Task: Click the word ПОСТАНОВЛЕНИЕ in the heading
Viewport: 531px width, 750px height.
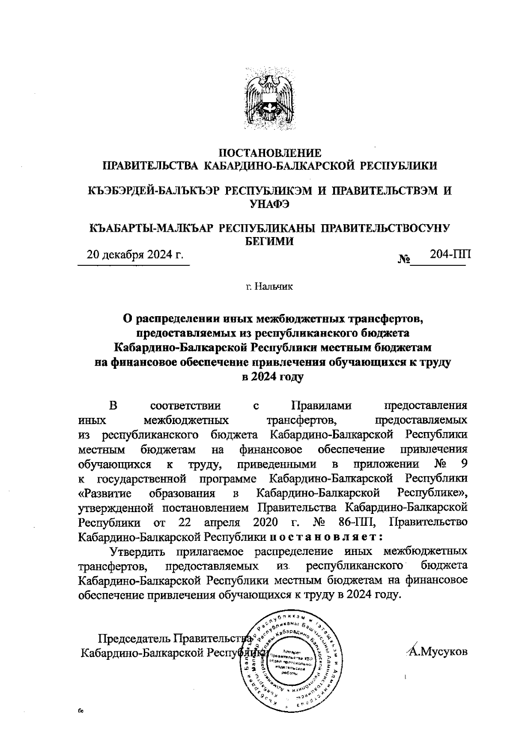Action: [270, 153]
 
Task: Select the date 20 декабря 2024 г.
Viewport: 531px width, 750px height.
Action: [135, 255]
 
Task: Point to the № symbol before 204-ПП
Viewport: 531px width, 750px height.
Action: [404, 260]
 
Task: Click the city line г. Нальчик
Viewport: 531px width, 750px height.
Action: [270, 287]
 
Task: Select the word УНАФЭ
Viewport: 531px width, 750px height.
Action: [269, 203]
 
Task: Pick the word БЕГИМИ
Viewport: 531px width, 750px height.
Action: [269, 241]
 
